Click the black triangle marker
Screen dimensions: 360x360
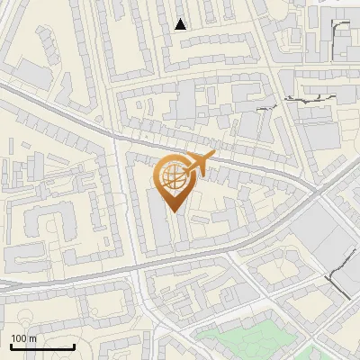pos(181,24)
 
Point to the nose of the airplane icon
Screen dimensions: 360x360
pos(213,156)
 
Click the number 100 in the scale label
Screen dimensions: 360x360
pos(19,338)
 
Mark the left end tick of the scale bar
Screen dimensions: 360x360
pos(11,346)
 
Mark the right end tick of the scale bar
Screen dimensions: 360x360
pos(74,346)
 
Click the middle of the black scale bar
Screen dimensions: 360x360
pos(42,346)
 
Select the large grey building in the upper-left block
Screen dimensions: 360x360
pos(34,74)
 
